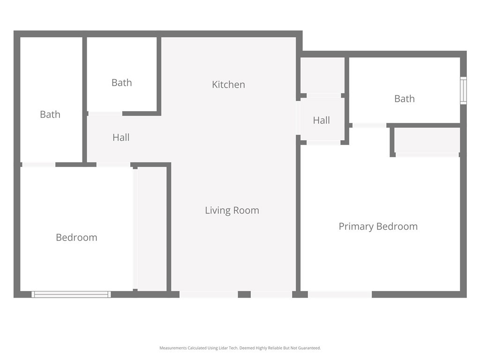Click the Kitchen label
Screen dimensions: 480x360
click(x=228, y=84)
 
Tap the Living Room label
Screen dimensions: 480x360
click(x=232, y=210)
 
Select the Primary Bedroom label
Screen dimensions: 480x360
click(x=378, y=226)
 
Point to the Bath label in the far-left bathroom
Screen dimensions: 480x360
click(x=50, y=114)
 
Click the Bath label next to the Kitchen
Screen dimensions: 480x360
click(x=121, y=82)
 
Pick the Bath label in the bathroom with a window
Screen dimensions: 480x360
click(x=405, y=99)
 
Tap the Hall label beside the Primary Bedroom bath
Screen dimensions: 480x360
click(x=322, y=120)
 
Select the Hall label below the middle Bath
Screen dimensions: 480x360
click(x=121, y=137)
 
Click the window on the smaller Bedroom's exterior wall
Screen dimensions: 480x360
click(x=71, y=294)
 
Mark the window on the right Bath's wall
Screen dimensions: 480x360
click(x=464, y=90)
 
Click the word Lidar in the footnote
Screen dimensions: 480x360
click(x=224, y=348)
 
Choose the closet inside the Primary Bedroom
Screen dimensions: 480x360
click(x=427, y=140)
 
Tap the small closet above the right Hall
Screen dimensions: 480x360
click(x=322, y=75)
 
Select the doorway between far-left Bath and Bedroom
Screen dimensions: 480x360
click(x=39, y=165)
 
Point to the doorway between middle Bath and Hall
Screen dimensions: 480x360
click(x=105, y=113)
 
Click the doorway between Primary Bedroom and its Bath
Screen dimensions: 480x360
click(x=369, y=126)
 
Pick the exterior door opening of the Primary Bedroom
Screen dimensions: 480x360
click(x=340, y=294)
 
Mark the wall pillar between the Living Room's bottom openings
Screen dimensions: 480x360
click(x=244, y=294)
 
